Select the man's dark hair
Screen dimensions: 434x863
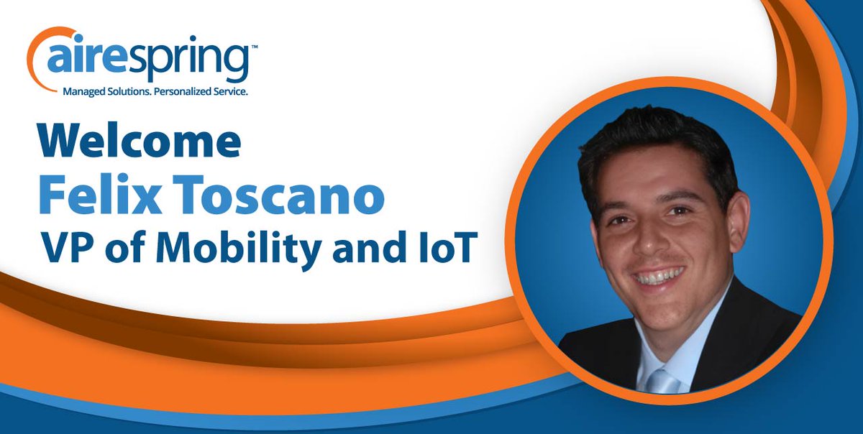(647, 147)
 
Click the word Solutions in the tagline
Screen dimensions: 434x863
(131, 93)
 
